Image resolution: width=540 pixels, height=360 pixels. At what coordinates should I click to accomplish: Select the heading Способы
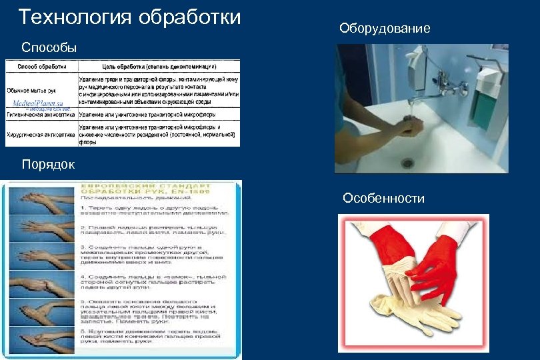pyautogui.click(x=49, y=47)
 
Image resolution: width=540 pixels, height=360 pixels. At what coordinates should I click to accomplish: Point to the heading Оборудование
pyautogui.click(x=385, y=28)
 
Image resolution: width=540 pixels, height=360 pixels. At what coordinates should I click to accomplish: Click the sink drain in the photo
pyautogui.click(x=407, y=162)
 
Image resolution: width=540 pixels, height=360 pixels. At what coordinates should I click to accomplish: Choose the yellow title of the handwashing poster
pyautogui.click(x=153, y=189)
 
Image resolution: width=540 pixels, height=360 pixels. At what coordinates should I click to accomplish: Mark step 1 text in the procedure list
pyautogui.click(x=153, y=211)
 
